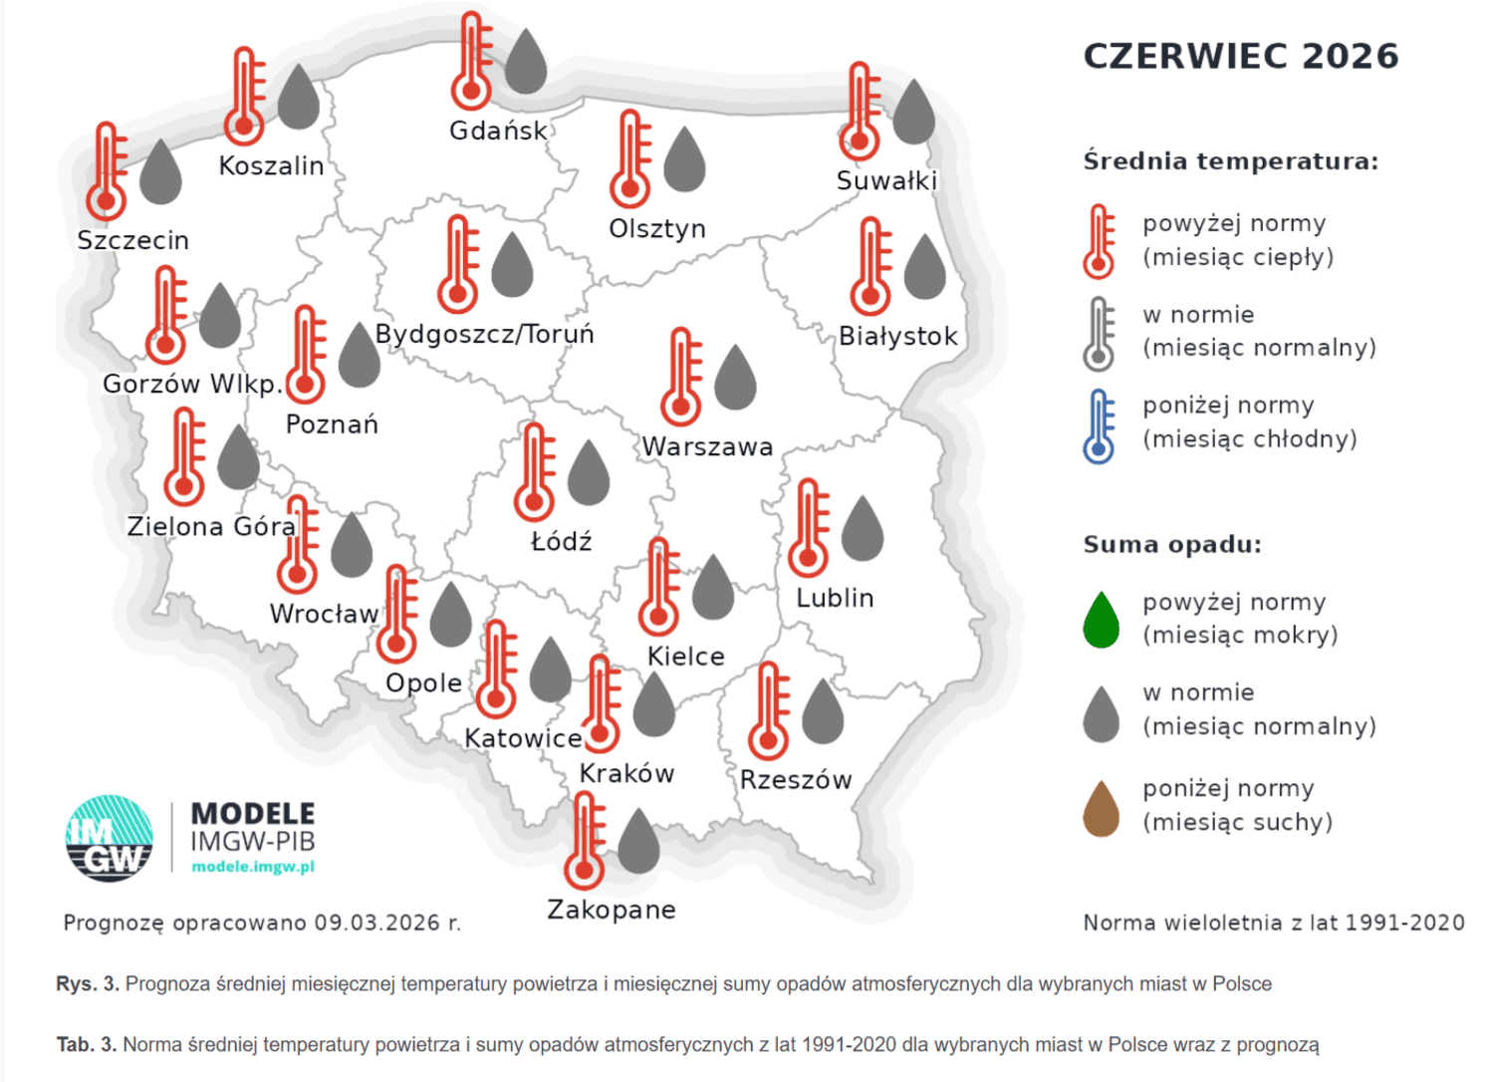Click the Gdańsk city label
498,131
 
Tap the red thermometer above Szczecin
107,171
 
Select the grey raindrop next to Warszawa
735,378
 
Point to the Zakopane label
612,910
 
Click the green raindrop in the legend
1101,620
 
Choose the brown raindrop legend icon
1101,809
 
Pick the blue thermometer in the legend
1099,426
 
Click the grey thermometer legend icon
1099,335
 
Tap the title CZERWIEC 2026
1240,56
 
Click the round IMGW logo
110,838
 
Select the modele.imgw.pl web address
253,867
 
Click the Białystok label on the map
897,337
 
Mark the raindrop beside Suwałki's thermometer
913,112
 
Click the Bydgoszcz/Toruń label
484,334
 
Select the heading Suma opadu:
1172,544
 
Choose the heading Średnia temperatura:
1230,161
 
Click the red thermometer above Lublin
809,528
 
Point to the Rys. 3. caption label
88,984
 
